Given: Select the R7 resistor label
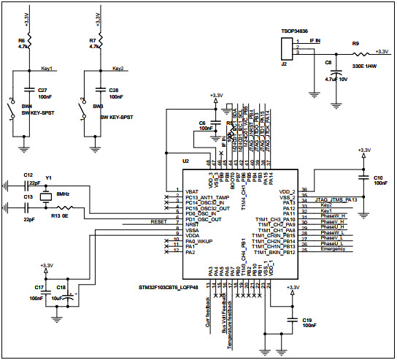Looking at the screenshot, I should (92, 39).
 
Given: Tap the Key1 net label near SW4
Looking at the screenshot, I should (47, 69).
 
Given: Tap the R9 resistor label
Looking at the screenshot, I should (356, 44).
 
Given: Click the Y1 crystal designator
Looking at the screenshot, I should (49, 177).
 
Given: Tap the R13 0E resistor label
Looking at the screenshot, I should (60, 217).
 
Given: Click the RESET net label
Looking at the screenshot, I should (158, 221).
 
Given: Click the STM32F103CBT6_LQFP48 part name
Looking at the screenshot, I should (171, 269).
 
